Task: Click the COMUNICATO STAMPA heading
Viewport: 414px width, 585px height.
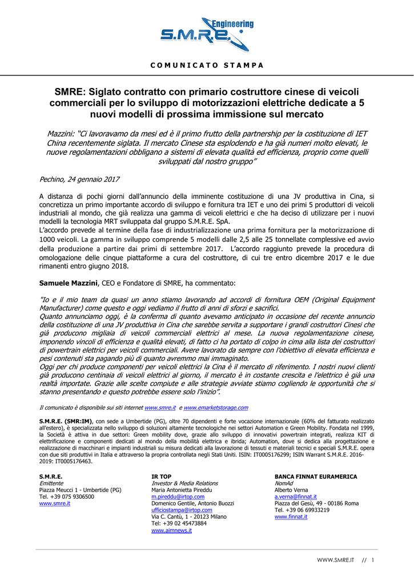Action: pyautogui.click(x=207, y=65)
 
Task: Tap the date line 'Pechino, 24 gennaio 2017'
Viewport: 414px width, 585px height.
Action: pyautogui.click(x=79, y=179)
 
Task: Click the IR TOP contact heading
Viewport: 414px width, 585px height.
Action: pyautogui.click(x=161, y=476)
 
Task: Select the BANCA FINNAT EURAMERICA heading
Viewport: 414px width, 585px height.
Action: pyautogui.click(x=316, y=476)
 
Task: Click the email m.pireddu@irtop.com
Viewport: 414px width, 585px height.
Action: pyautogui.click(x=178, y=497)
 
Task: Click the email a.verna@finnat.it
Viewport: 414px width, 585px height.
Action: pyautogui.click(x=295, y=497)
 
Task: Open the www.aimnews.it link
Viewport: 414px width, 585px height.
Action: pyautogui.click(x=171, y=530)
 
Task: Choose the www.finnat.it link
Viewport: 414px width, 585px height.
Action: pyautogui.click(x=291, y=516)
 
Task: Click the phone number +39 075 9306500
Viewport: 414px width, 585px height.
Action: pyautogui.click(x=66, y=497)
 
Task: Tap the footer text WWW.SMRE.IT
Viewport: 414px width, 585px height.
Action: pyautogui.click(x=336, y=560)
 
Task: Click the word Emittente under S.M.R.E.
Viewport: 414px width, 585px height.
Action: pyautogui.click(x=51, y=483)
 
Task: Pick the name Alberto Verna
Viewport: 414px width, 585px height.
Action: pyautogui.click(x=291, y=490)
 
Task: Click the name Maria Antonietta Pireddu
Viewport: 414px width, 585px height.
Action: pyautogui.click(x=182, y=490)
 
